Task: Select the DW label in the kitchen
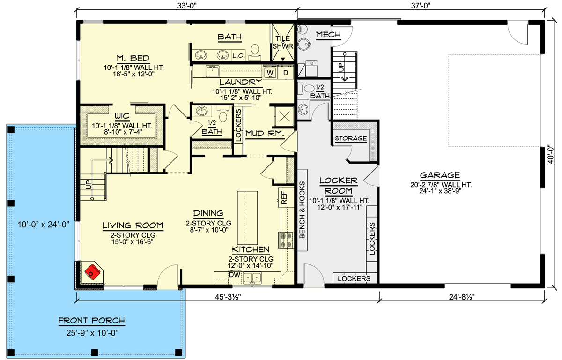[235, 274]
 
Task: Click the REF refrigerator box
[284, 197]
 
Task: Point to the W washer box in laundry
[270, 73]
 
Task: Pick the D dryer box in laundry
[285, 73]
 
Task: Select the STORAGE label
[350, 139]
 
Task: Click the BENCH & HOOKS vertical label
[303, 210]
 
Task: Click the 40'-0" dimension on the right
[553, 155]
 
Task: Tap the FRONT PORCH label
[91, 321]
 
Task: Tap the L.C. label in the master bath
[238, 55]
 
